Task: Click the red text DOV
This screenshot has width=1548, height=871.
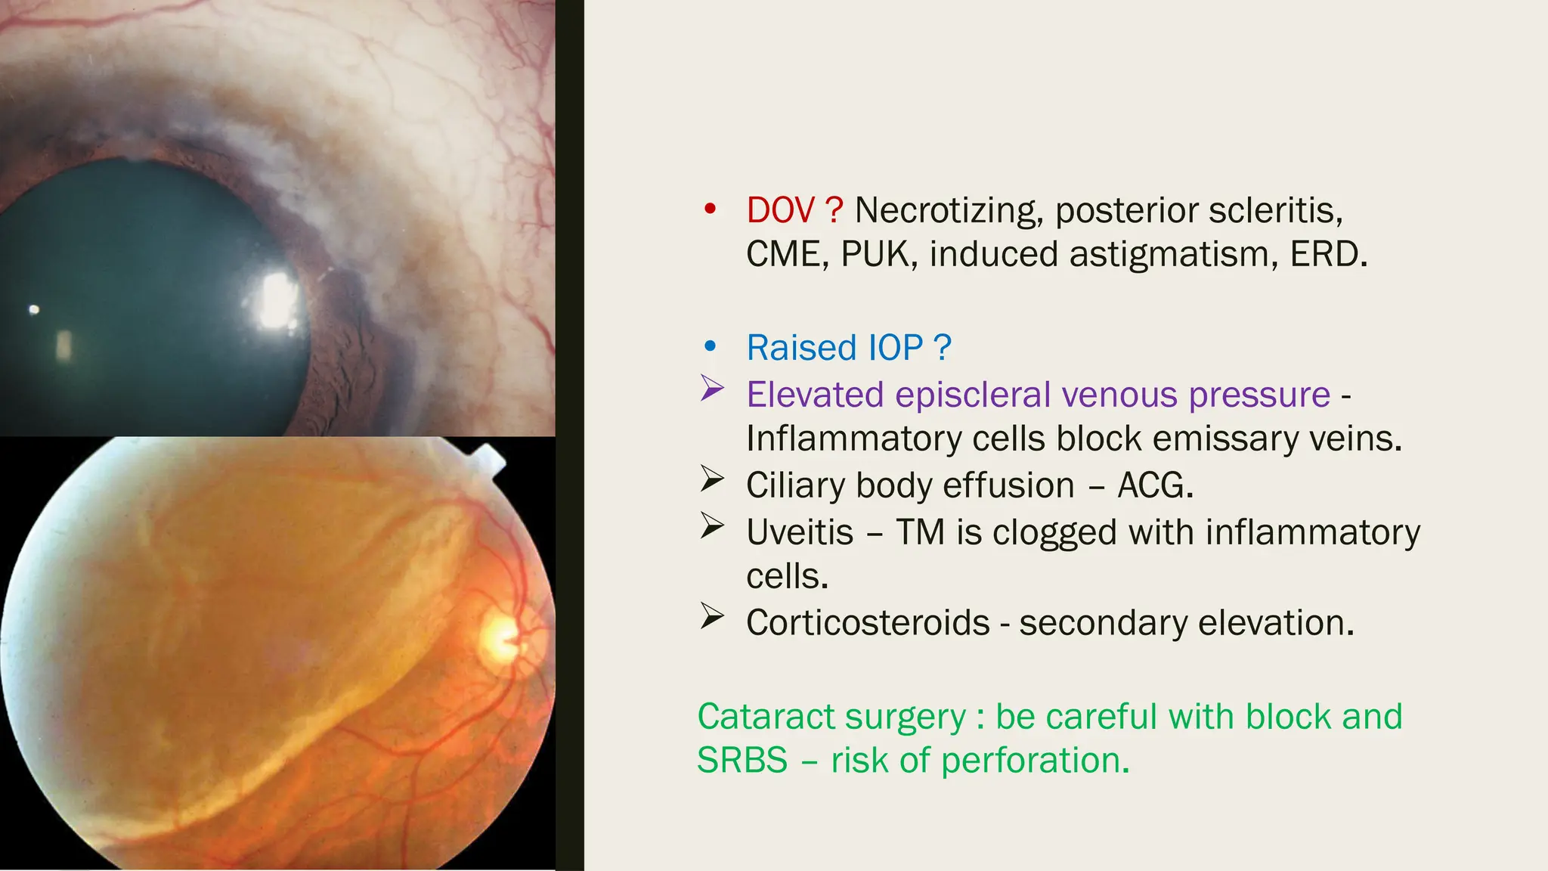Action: click(x=780, y=210)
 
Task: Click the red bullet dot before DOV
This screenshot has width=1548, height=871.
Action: click(x=709, y=209)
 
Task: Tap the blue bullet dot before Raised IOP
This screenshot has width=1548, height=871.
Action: click(x=709, y=347)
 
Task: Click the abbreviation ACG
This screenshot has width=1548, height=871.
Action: click(x=1155, y=485)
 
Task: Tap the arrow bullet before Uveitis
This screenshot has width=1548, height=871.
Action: click(x=712, y=526)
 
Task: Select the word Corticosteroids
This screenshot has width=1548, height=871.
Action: click(x=868, y=623)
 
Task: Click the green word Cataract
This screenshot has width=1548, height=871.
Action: click(x=756, y=717)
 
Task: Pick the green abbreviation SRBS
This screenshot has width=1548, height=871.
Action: click(x=741, y=761)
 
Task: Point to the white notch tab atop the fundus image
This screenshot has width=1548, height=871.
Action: click(x=488, y=459)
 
